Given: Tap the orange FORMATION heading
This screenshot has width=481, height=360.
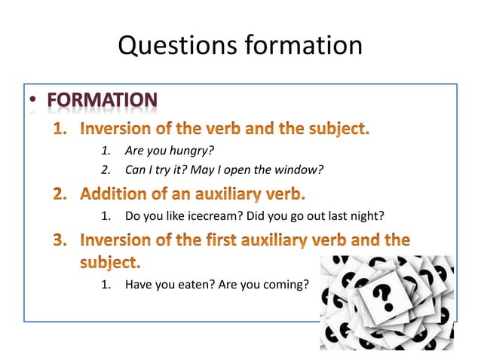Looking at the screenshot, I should (x=102, y=99).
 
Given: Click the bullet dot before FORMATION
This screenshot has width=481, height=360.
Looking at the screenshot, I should (x=32, y=101).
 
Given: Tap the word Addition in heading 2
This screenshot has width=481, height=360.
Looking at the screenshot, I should (x=112, y=194).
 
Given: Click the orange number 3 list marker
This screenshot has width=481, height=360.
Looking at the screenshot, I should (x=61, y=241).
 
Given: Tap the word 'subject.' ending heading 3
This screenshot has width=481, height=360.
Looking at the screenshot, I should (x=110, y=263).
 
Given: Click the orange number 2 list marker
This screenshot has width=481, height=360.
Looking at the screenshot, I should (x=61, y=194).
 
